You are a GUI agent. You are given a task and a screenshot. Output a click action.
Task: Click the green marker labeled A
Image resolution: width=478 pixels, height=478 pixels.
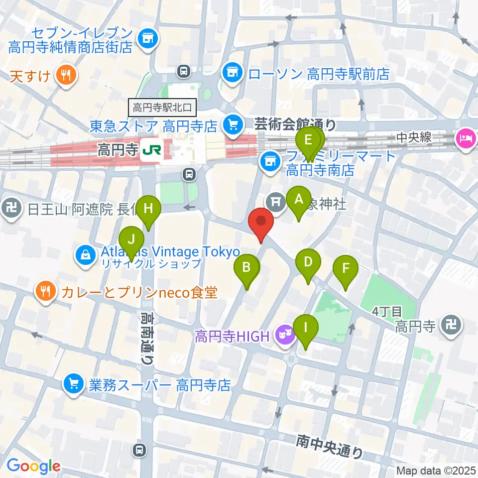299,200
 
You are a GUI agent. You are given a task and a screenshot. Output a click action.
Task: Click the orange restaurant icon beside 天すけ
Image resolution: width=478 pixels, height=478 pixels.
65,76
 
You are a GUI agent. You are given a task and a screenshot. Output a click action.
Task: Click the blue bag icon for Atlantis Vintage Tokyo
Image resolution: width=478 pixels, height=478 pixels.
86,255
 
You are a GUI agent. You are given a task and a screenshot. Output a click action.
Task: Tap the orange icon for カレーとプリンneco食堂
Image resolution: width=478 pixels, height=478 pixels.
46,291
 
